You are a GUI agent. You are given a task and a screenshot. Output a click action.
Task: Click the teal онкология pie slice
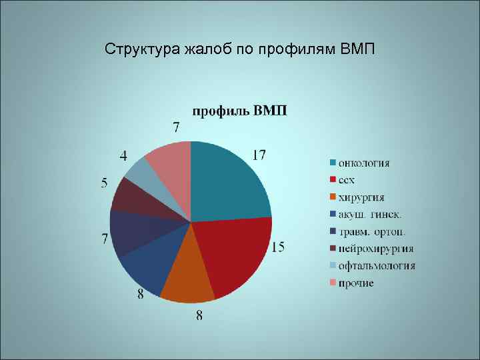(227, 180)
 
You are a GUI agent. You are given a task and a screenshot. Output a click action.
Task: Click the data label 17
(259, 155)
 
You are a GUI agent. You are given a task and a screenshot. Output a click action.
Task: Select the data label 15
(277, 247)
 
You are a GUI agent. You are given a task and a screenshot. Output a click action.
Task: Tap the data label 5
(105, 183)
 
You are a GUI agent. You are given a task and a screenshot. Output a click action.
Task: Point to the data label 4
(124, 156)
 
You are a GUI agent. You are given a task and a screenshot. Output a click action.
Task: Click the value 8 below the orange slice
(199, 315)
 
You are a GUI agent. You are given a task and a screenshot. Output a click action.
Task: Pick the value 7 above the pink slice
(176, 127)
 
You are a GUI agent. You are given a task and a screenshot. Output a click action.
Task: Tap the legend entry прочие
(356, 283)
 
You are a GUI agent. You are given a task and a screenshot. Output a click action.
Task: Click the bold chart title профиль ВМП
(240, 111)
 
